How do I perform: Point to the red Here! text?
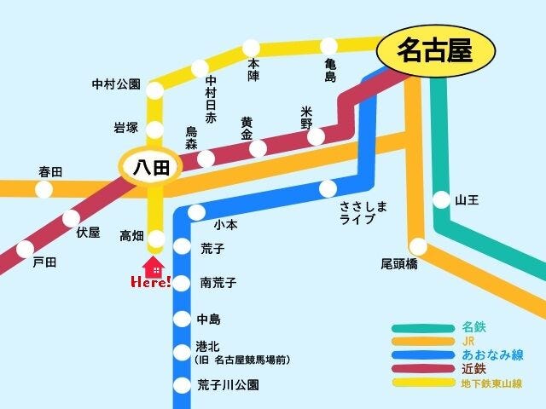point(151,282)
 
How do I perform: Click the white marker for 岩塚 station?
point(155,130)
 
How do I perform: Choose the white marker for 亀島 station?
point(328,46)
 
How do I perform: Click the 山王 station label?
point(467,200)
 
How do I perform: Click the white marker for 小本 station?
point(197,212)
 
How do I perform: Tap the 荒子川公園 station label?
point(228,385)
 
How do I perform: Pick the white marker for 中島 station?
point(181,320)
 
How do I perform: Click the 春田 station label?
point(50,172)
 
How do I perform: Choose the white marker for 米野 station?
point(316,136)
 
